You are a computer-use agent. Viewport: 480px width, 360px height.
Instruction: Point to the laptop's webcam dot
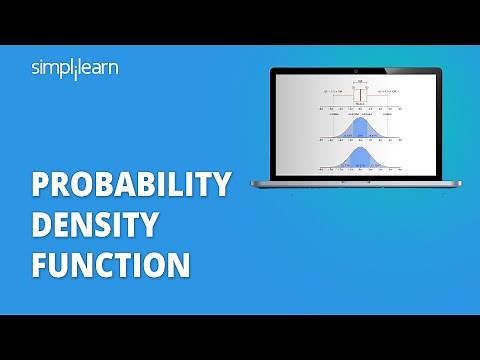[356, 69]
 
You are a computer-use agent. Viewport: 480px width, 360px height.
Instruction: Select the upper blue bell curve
[357, 127]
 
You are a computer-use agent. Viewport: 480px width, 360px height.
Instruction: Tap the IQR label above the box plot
[357, 83]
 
